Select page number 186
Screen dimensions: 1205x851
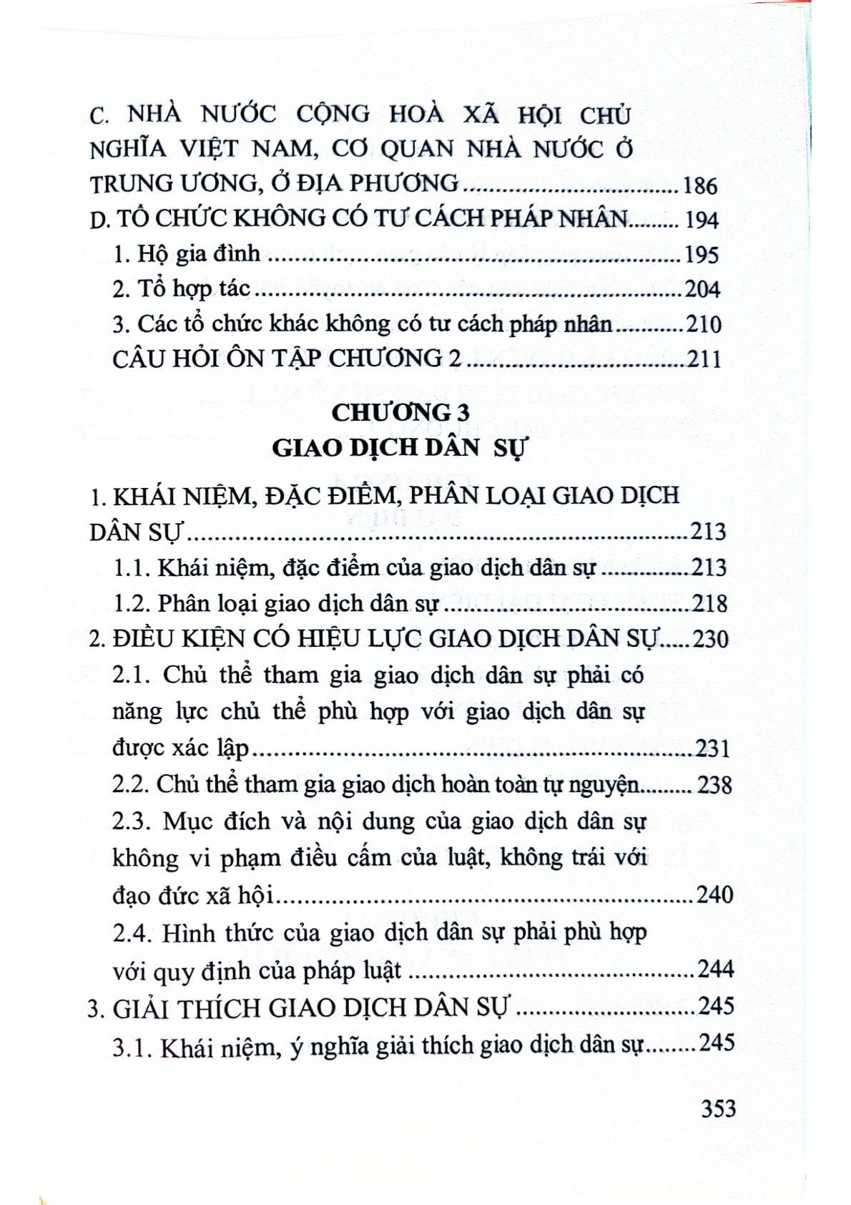(699, 186)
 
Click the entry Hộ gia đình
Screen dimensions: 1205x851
(187, 253)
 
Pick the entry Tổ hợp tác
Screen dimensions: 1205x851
(182, 288)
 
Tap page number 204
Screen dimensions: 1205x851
(702, 289)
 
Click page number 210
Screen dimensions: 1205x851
(703, 325)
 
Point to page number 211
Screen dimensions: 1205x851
(703, 358)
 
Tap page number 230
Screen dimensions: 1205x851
(710, 638)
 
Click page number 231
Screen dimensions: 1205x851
(712, 749)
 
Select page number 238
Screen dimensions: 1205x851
(714, 785)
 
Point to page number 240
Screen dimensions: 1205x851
(714, 894)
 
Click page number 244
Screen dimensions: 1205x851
(714, 970)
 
